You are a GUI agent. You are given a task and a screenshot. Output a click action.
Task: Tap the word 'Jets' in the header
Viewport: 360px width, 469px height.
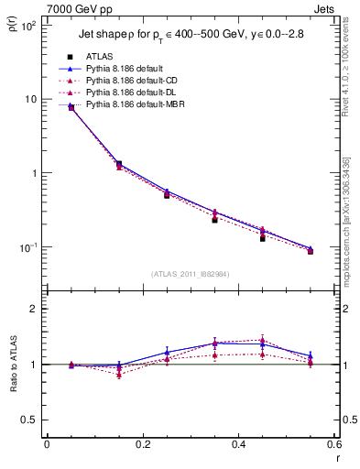[327, 8]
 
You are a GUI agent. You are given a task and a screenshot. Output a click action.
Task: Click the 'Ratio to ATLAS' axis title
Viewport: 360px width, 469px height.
[13, 365]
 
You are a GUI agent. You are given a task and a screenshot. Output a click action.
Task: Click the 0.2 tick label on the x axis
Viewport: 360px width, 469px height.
[142, 445]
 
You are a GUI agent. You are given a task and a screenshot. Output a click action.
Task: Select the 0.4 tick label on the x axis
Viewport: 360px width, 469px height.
[238, 445]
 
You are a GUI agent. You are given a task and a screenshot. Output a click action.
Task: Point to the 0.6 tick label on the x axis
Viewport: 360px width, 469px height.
[333, 445]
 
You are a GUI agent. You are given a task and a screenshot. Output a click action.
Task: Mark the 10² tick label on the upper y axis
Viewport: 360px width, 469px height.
[29, 25]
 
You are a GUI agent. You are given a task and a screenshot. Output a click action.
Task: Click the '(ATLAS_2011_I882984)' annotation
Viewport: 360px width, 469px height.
[191, 273]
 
